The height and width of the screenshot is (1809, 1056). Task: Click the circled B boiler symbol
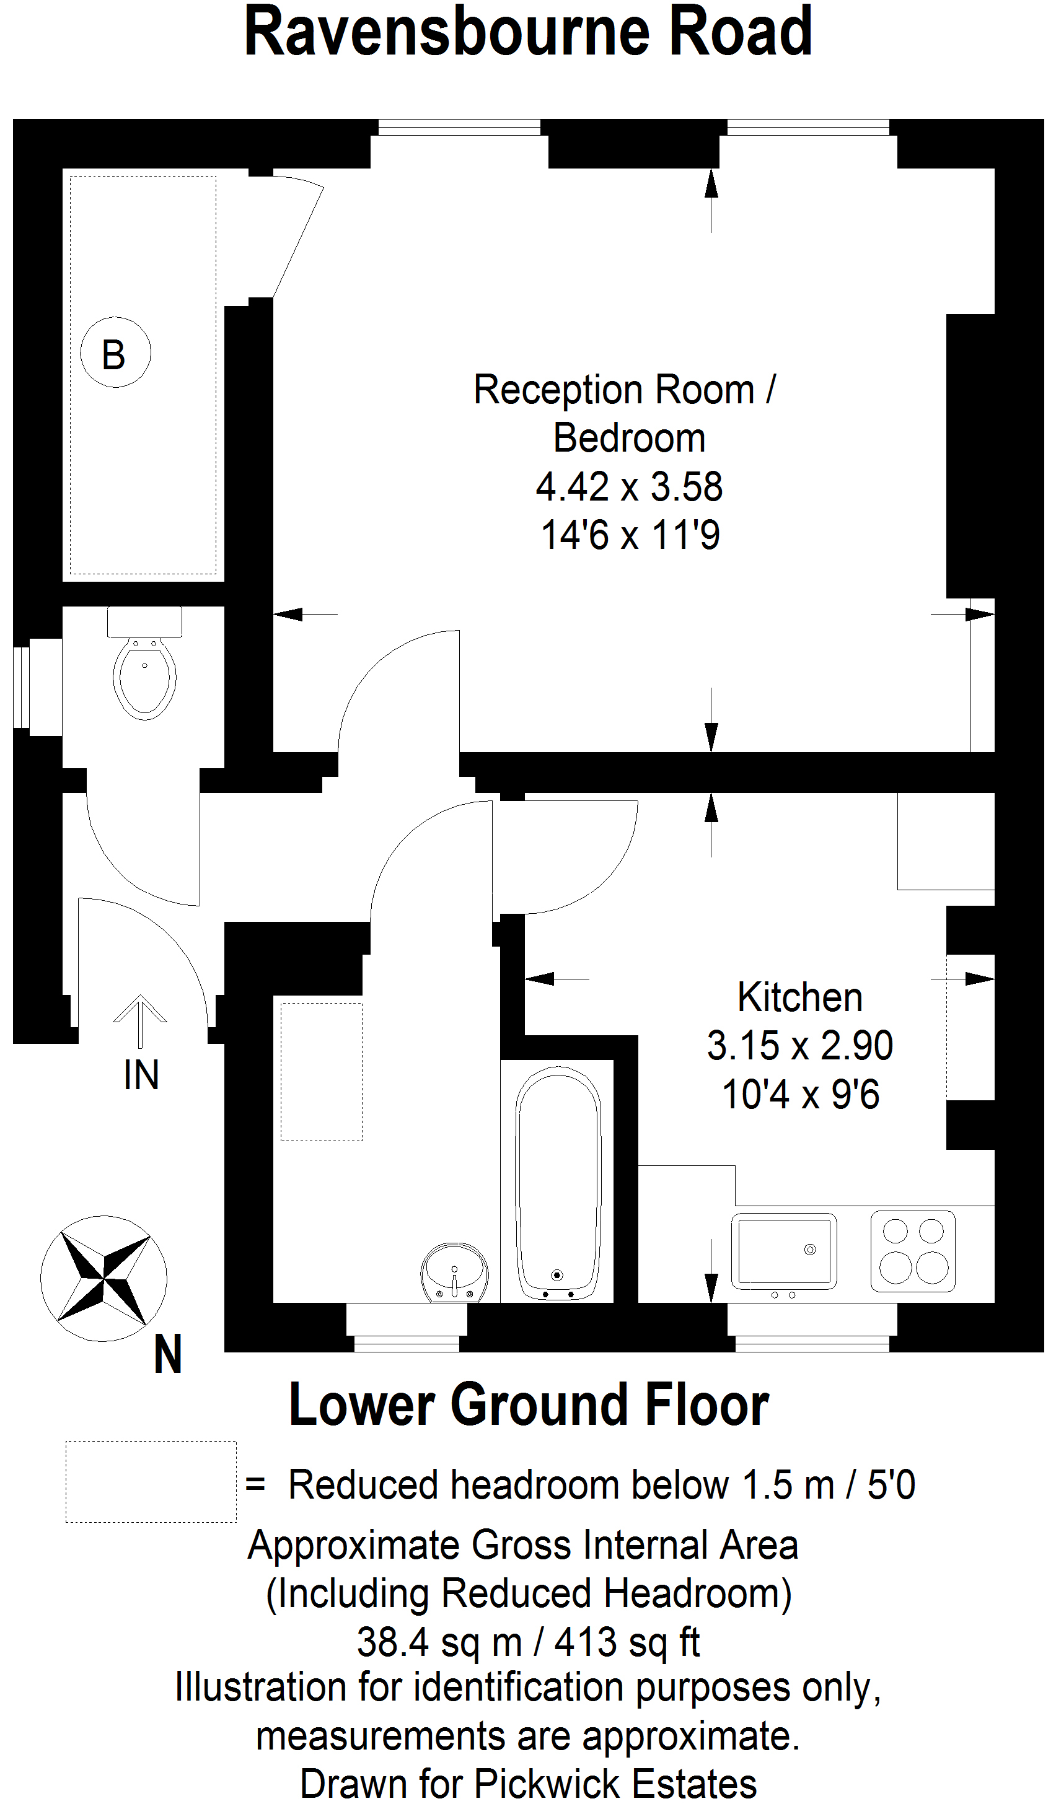coord(115,353)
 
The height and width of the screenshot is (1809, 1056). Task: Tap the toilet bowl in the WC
coord(144,678)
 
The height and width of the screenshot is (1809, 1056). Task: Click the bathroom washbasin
coord(454,1272)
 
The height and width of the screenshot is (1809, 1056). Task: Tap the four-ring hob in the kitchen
coord(913,1251)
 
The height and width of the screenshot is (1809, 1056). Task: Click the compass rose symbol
coord(103,1279)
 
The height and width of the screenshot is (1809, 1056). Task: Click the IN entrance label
coord(141,1075)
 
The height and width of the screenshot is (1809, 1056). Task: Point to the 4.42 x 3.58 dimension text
coord(629,487)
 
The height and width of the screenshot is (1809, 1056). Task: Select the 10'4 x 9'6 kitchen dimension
coord(801,1094)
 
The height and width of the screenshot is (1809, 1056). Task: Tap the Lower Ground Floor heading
coord(529,1405)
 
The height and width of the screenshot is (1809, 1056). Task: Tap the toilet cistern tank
coord(144,621)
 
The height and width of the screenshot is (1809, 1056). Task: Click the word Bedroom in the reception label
coord(629,438)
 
